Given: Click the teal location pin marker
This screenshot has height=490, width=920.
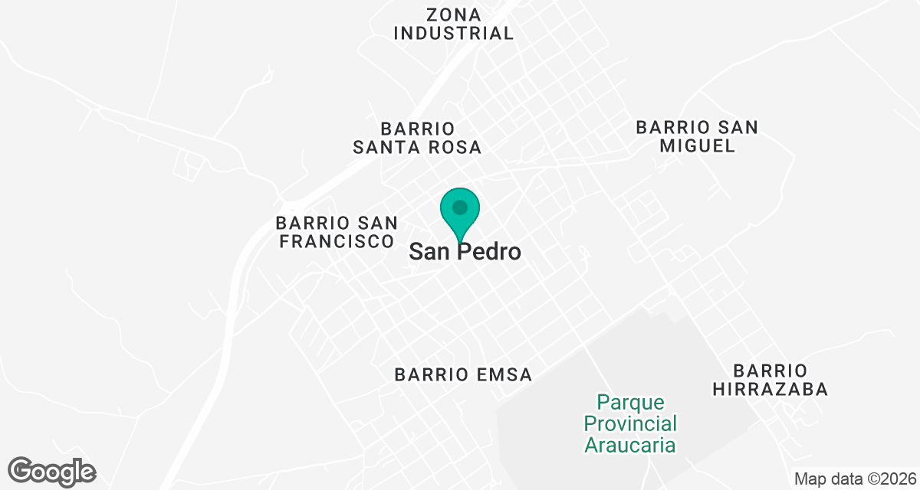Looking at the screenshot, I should click(460, 214).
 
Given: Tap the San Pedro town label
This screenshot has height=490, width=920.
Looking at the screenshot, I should click(465, 252).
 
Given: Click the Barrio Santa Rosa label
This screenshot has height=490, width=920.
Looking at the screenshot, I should click(417, 138).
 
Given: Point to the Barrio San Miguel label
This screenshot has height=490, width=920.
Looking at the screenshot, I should click(697, 136).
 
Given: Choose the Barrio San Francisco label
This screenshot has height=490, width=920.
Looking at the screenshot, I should click(337, 232).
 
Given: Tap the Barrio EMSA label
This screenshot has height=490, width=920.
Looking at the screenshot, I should click(463, 374).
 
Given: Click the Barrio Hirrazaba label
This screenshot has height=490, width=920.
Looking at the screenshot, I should click(770, 380).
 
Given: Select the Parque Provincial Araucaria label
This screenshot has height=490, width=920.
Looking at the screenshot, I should click(629, 423).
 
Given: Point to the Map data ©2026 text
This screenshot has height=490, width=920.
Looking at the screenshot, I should click(854, 479).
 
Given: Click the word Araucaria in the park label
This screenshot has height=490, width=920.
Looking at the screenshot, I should click(629, 445).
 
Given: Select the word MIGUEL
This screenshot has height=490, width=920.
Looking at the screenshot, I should click(697, 146).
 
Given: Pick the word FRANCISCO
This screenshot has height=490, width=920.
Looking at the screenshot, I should click(337, 241).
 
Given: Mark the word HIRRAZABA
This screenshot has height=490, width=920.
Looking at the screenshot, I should click(770, 389).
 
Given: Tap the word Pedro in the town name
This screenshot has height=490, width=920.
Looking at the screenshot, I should click(491, 252).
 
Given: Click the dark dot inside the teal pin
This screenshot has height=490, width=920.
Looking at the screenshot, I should click(460, 207).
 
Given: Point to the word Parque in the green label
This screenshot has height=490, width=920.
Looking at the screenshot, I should click(629, 402).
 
